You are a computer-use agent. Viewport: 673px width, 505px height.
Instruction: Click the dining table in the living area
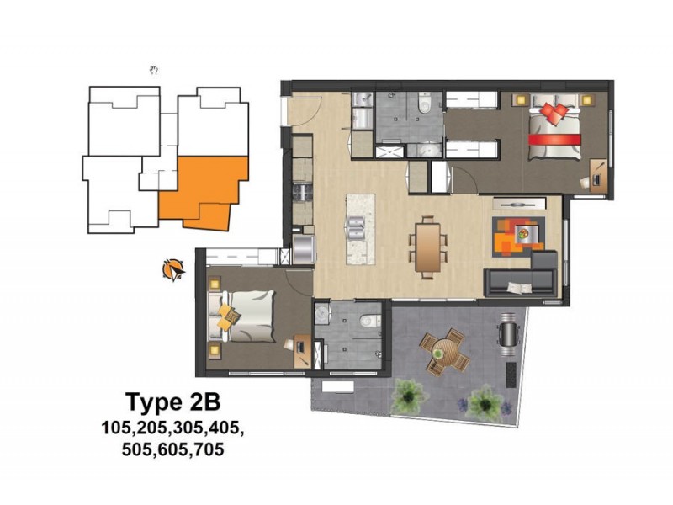pos(428,247)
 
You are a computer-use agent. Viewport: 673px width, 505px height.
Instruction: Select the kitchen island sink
pos(353,225)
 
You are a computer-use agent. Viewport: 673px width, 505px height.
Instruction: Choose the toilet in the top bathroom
pos(425,104)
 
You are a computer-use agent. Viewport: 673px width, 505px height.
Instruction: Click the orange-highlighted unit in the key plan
pos(206,192)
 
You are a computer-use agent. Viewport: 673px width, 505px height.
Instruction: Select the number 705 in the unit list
pos(207,449)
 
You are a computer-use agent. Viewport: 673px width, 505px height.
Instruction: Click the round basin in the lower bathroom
pos(321,311)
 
